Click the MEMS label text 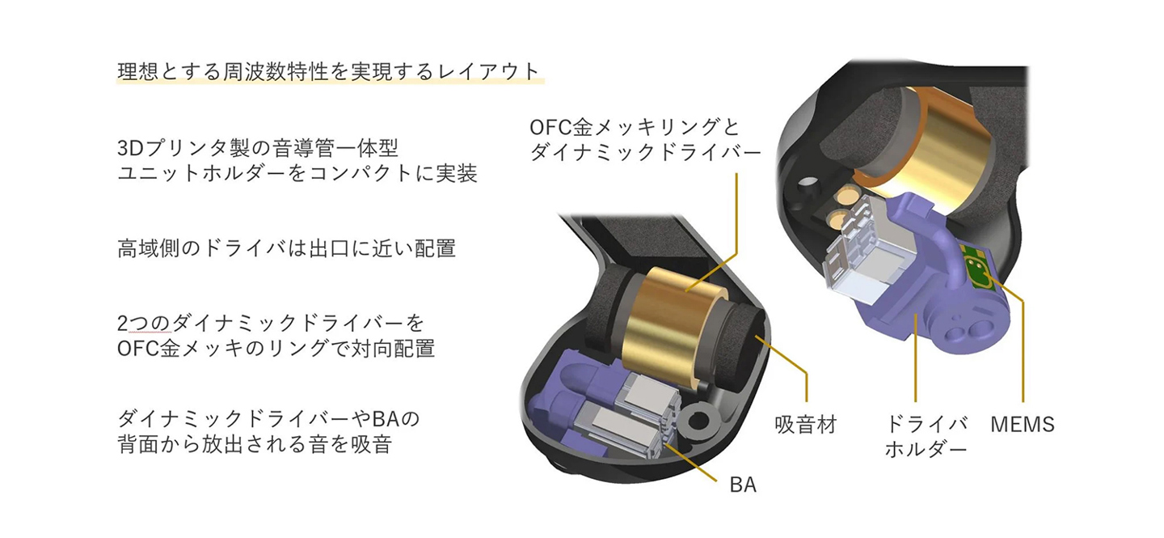coord(1022,424)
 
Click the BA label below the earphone coord(742,485)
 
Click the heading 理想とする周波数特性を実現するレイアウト coord(328,70)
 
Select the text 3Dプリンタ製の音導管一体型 coord(258,148)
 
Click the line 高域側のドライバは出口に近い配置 coord(286,248)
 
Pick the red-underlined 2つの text coord(145,324)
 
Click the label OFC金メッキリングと coord(634,127)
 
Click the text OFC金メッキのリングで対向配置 coord(276,349)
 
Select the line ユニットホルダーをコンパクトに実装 coord(297,173)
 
